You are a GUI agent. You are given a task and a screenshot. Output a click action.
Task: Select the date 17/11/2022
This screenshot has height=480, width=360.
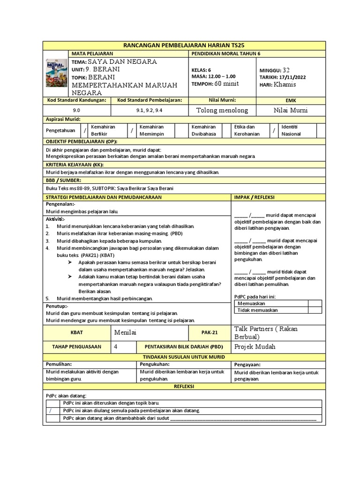tap(289, 77)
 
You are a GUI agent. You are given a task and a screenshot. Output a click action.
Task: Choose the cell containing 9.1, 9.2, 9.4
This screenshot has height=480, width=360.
tap(149, 111)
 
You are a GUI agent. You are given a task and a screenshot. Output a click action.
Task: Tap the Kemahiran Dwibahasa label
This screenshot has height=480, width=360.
tap(203, 130)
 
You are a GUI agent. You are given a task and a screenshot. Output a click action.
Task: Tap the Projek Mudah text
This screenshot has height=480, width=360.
tap(255, 347)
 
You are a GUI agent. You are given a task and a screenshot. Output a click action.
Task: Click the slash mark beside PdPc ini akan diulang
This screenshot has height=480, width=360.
tap(50, 411)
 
